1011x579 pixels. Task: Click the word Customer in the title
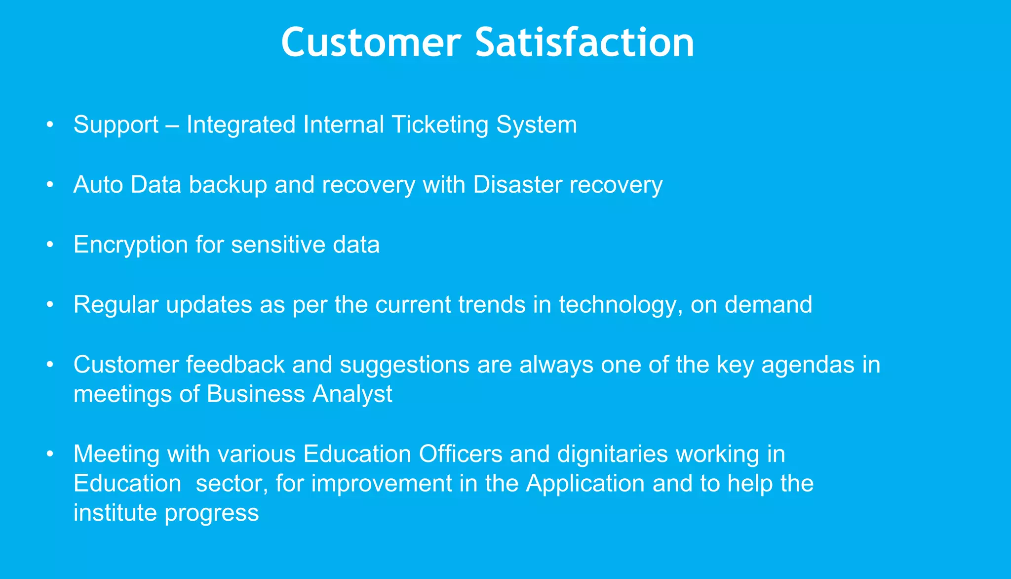click(x=371, y=43)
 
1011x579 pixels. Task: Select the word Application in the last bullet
click(x=585, y=484)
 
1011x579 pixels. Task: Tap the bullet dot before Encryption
click(x=49, y=245)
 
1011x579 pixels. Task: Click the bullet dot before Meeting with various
click(x=49, y=454)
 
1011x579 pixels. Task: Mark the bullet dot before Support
click(x=49, y=125)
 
